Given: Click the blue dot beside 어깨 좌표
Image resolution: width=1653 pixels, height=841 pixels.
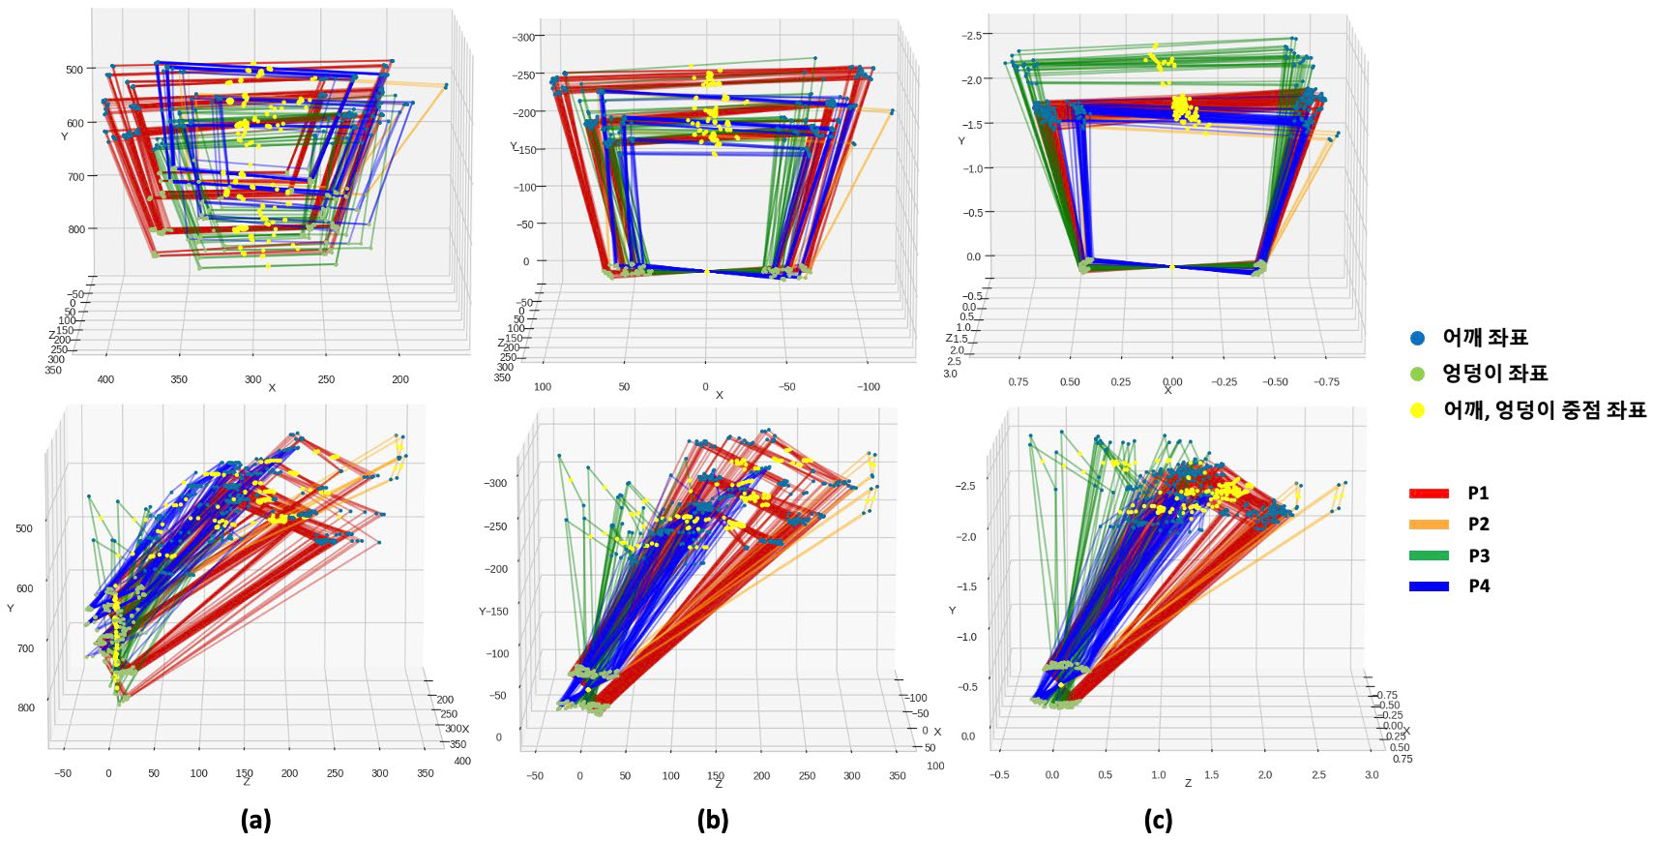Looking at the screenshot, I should (1418, 338).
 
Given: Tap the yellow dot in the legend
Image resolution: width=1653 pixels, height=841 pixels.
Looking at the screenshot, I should (1418, 409).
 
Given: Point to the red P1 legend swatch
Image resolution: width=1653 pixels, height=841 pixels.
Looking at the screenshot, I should (1428, 493).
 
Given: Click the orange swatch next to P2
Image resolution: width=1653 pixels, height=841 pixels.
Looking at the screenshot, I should (1428, 524).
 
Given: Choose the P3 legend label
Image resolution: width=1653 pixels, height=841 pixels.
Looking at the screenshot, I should (1478, 556).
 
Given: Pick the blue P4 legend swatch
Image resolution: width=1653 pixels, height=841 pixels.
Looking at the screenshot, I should (1428, 586).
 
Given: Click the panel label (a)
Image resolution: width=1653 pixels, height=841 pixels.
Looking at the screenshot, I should (255, 821).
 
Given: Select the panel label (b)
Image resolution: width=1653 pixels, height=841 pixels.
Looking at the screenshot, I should (713, 821).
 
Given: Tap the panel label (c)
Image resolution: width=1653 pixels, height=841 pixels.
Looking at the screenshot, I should (1158, 821).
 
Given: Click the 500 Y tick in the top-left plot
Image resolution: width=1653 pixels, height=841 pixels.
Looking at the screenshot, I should (74, 69).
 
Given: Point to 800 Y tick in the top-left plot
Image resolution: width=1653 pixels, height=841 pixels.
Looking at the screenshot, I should (74, 229).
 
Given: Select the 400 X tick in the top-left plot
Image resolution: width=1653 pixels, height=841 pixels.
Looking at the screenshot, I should (106, 379).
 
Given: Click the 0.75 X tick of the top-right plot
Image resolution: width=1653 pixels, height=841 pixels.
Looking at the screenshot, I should (1018, 381).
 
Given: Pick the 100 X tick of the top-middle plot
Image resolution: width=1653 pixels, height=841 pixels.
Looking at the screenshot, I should (543, 386).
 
